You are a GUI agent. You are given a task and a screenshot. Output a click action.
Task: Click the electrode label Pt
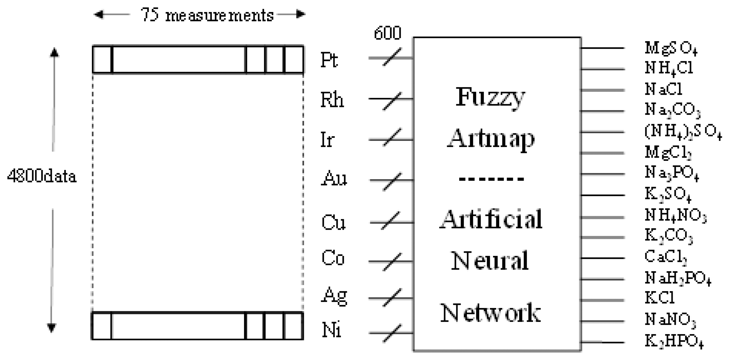[329, 60]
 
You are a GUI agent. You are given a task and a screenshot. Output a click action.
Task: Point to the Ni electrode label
[332, 330]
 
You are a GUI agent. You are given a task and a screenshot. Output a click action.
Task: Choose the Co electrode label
[333, 258]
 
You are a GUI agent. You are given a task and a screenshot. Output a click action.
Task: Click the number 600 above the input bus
[387, 33]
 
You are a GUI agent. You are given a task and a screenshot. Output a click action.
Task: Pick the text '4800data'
[42, 176]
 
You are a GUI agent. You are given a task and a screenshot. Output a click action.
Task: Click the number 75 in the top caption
[150, 15]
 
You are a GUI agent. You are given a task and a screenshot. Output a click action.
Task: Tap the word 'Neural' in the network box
[490, 261]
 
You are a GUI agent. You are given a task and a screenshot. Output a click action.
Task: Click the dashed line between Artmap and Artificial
[492, 179]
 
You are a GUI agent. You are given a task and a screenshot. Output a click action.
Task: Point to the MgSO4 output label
[671, 48]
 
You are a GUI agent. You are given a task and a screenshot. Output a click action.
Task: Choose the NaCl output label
[663, 89]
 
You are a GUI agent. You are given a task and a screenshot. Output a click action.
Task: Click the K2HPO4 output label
[674, 341]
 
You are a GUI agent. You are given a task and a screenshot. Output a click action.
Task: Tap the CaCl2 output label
[666, 257]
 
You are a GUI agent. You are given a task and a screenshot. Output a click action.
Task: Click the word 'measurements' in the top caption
[219, 15]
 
